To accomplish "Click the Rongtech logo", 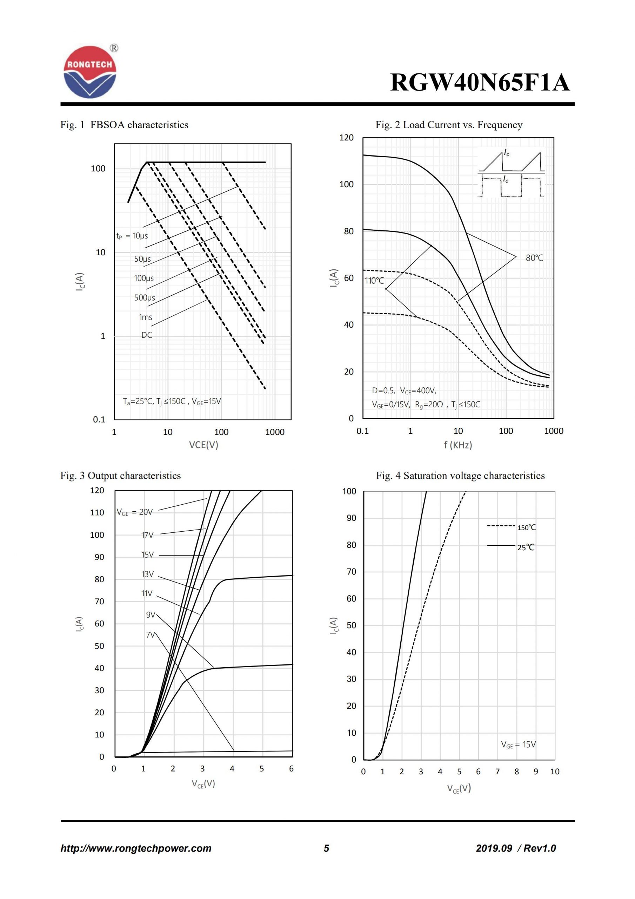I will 90,72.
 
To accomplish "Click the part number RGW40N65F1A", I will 480,83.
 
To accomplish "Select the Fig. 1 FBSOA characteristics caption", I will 124,125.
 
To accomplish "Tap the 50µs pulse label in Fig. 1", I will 142,259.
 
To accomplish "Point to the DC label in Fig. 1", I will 147,335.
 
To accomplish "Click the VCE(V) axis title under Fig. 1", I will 203,445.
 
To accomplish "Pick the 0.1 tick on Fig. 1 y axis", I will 99,419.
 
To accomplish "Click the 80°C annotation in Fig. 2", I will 534,258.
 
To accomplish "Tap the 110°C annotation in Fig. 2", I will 374,280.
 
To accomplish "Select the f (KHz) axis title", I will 458,445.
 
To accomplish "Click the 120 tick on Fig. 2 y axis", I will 346,137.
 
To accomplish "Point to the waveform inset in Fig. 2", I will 511,173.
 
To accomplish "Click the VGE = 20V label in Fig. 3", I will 135,512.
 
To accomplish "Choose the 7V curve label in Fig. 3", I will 151,635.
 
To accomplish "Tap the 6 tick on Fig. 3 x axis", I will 292,769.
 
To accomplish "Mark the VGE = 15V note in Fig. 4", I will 519,744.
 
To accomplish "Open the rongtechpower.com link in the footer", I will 136,848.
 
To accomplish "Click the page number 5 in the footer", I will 326,848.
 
